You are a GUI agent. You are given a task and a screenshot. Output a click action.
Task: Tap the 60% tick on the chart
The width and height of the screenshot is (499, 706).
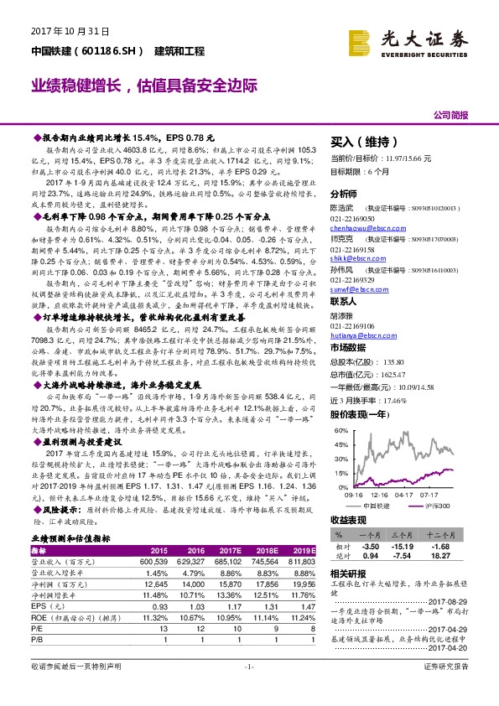[x=340, y=430]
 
